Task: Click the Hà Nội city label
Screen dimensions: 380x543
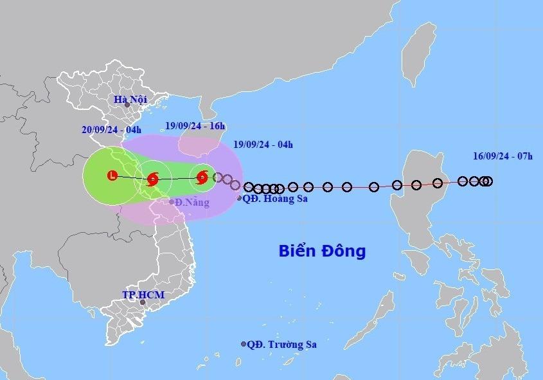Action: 130,100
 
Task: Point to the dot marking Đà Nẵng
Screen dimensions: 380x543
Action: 172,203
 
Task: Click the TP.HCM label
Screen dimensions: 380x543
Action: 143,295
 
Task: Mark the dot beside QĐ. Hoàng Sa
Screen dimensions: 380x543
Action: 240,199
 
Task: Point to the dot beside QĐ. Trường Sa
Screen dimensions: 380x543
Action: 244,344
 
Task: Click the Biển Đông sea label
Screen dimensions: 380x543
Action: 322,251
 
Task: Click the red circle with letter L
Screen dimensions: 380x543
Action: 112,175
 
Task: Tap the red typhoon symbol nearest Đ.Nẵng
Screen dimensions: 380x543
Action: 153,179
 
